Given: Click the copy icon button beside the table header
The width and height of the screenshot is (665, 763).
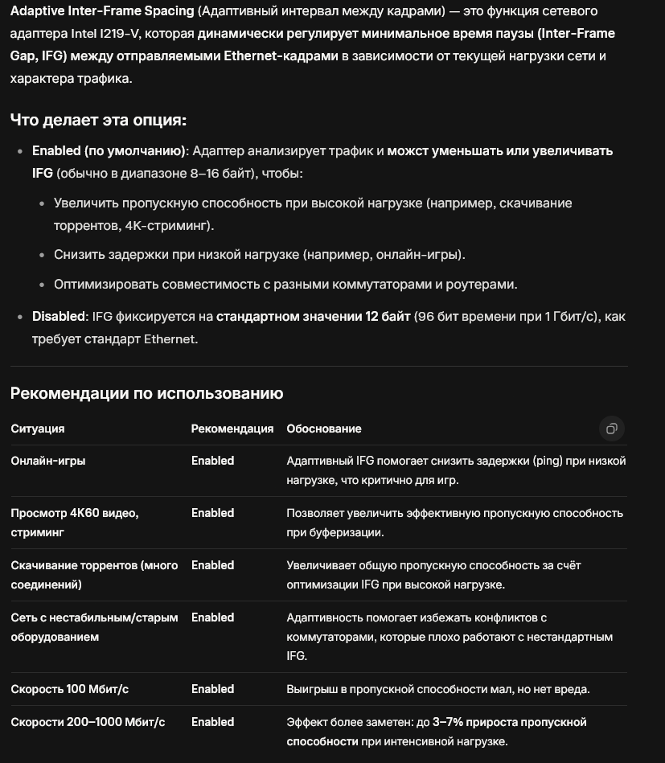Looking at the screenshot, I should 611,429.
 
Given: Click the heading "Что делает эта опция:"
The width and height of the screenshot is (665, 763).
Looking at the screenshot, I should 98,120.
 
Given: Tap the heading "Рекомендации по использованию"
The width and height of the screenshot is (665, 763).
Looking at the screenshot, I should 146,393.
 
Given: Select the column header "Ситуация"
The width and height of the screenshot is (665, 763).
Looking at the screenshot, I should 38,429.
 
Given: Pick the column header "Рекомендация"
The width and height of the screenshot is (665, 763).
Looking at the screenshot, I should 232,429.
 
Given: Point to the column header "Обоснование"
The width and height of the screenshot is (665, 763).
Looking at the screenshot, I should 324,429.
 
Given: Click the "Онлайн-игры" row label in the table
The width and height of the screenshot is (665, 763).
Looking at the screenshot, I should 48,461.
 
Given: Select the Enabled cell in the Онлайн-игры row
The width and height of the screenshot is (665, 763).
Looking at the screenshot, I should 212,461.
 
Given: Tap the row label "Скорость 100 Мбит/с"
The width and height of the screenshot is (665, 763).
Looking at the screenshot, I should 70,689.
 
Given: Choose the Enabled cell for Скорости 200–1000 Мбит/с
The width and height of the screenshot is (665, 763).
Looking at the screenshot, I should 212,722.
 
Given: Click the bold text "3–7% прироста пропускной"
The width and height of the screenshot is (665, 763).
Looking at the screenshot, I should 510,722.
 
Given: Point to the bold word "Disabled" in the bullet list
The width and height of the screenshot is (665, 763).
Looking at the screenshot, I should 59,317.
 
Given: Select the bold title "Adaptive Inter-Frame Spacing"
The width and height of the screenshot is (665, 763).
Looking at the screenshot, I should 102,11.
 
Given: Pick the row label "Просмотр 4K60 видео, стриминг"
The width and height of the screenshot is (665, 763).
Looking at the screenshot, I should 75,522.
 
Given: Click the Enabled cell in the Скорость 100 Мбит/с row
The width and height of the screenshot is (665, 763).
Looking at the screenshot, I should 212,689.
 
